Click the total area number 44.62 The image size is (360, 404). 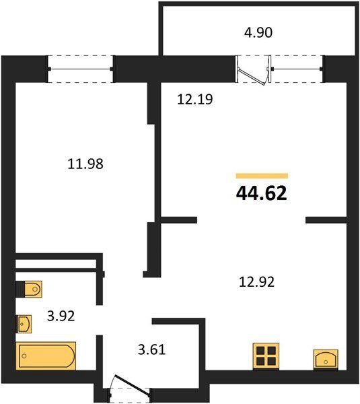(261, 193)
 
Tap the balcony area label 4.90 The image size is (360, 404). (258, 33)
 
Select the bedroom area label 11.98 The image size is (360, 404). (85, 164)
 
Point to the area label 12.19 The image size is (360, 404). (195, 100)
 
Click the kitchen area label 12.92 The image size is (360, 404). (257, 281)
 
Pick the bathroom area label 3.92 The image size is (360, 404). (61, 316)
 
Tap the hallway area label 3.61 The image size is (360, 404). (151, 349)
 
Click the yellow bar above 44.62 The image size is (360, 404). (262, 176)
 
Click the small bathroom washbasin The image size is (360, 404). (24, 324)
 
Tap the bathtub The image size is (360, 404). (46, 356)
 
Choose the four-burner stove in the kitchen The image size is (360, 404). (266, 356)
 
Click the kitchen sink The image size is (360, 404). (326, 360)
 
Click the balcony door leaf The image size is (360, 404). (252, 76)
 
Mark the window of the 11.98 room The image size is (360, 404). (80, 69)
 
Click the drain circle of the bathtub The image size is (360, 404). (24, 356)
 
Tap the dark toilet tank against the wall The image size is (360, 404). (20, 289)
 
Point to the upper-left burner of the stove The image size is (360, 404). (260, 351)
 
